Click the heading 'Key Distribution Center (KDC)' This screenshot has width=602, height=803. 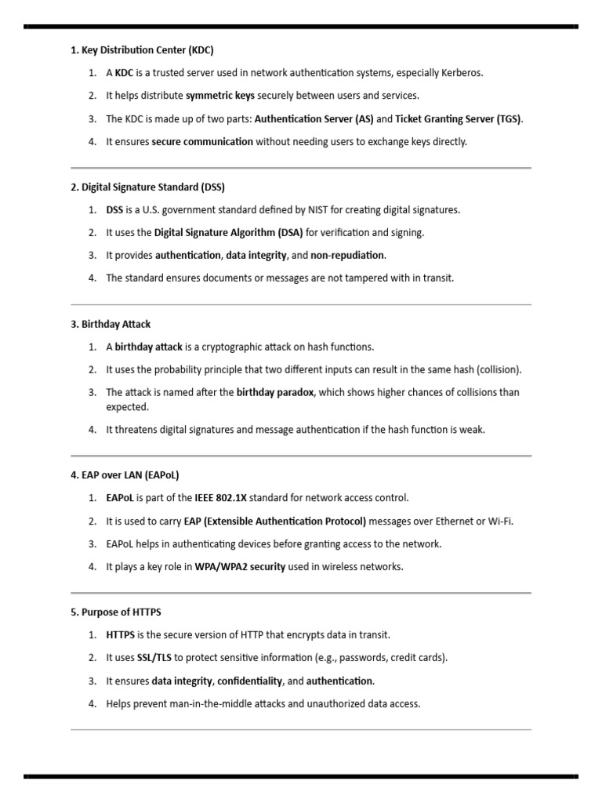click(142, 50)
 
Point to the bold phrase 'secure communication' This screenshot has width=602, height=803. click(202, 142)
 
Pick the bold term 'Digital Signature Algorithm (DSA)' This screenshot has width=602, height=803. click(228, 233)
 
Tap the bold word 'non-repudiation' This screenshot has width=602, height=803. click(347, 256)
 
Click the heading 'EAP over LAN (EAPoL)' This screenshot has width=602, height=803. click(125, 475)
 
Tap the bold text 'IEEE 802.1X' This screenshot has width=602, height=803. click(220, 498)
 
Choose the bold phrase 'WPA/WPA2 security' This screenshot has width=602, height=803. click(240, 567)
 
